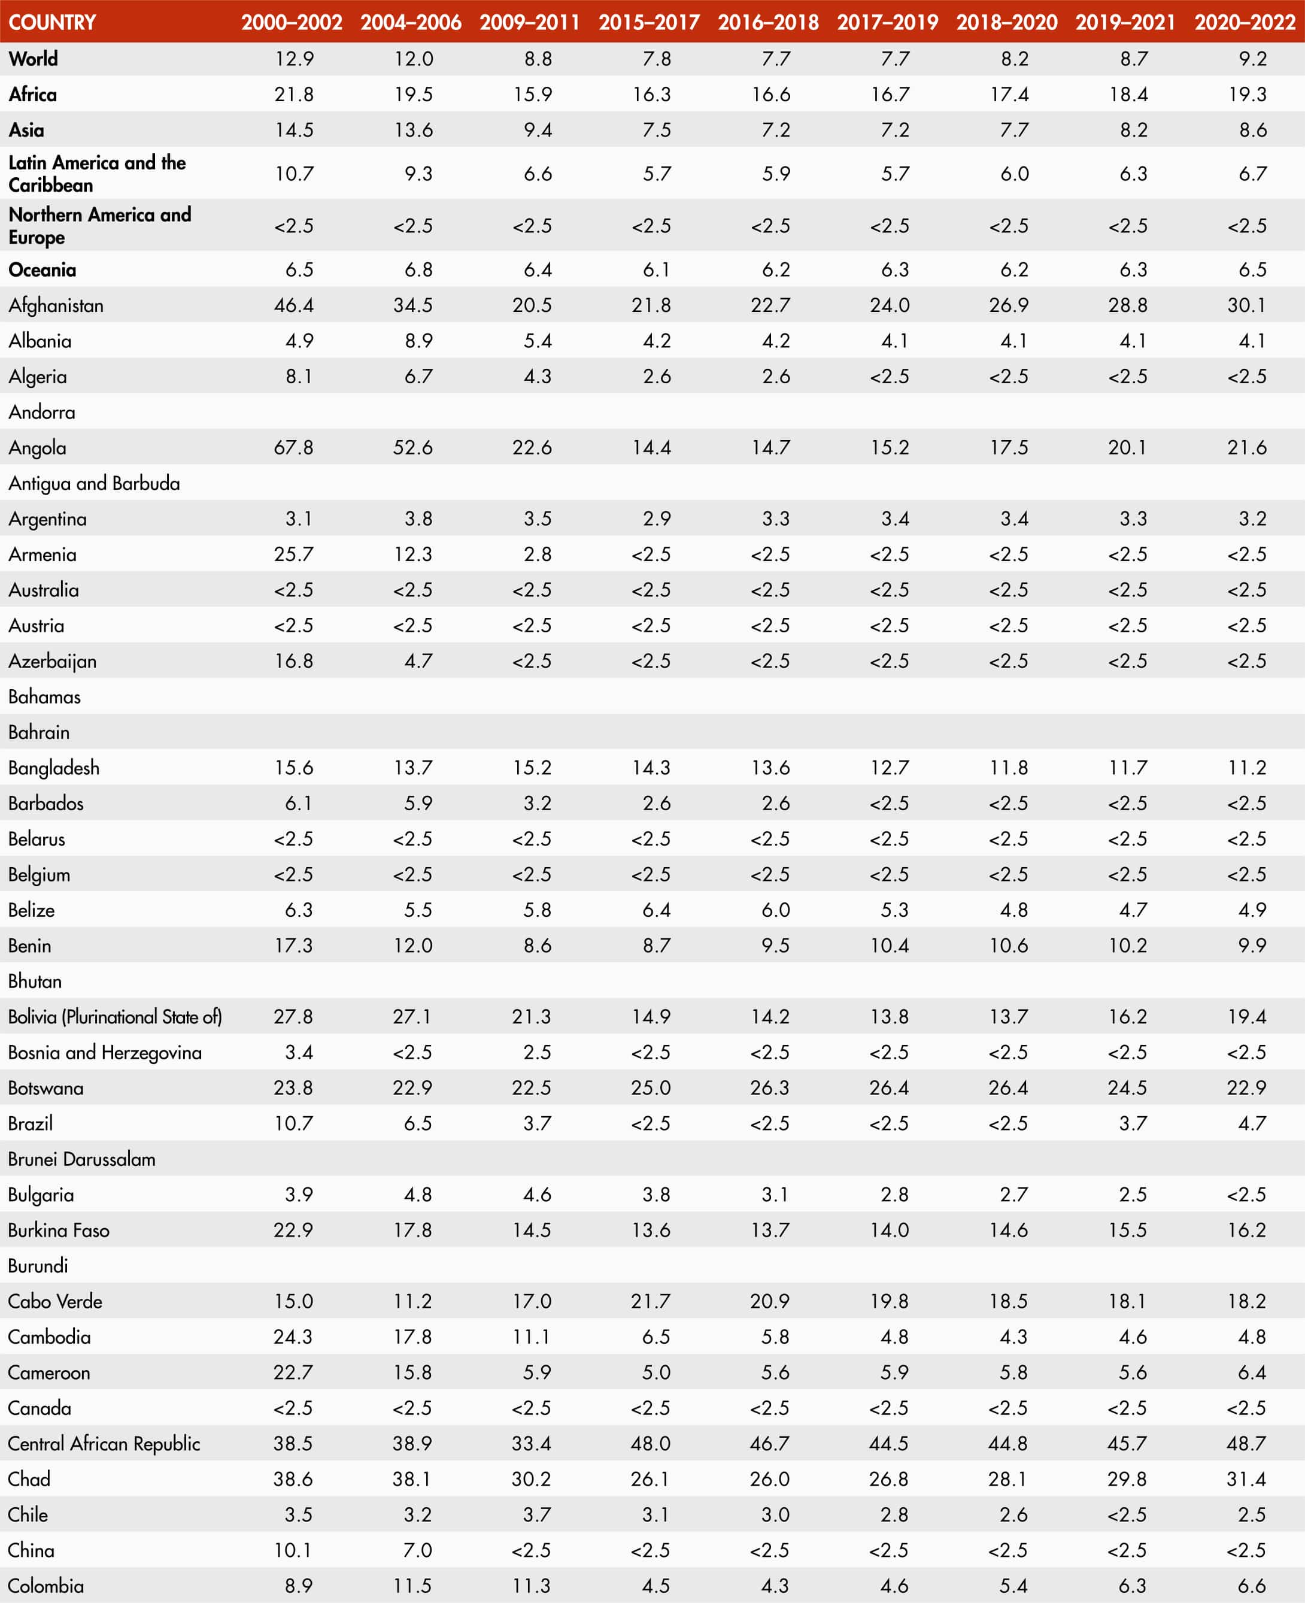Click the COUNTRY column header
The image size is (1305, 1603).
click(x=52, y=22)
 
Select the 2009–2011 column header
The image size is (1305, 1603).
click(x=529, y=22)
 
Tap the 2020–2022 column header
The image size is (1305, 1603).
click(x=1245, y=22)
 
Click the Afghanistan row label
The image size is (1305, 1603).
click(x=56, y=305)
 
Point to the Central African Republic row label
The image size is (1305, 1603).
click(x=104, y=1444)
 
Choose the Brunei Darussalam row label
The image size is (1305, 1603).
click(x=82, y=1159)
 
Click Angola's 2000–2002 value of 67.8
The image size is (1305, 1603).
click(x=293, y=447)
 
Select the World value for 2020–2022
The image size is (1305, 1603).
click(x=1252, y=59)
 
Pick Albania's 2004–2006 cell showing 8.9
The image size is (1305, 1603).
click(x=418, y=341)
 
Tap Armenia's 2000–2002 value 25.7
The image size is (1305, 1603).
click(x=293, y=554)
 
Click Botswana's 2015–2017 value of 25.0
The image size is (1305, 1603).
click(x=650, y=1087)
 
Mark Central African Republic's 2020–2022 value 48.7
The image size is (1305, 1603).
click(x=1246, y=1444)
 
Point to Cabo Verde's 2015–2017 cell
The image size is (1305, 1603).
click(x=650, y=1301)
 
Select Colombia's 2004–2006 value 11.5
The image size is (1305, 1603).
click(x=412, y=1586)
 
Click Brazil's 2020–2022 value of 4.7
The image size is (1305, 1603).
click(x=1252, y=1123)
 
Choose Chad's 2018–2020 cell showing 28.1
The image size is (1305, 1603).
click(x=1008, y=1479)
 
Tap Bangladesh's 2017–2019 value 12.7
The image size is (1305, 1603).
click(x=890, y=768)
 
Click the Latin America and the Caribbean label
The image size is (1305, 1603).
click(x=97, y=174)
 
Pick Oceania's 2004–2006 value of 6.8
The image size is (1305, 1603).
click(x=418, y=269)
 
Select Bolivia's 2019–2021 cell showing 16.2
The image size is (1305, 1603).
click(x=1128, y=1017)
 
